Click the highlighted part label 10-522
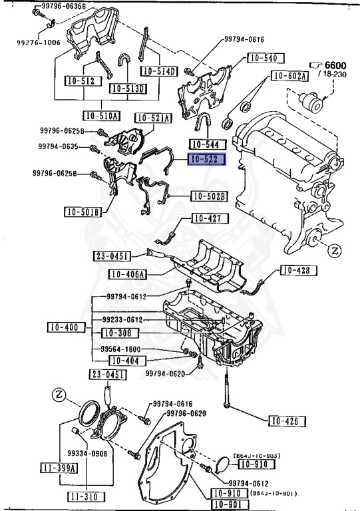pos(206,160)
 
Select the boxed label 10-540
pos(266,58)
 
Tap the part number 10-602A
pos(289,76)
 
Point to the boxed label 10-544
pos(208,144)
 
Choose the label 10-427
pos(210,218)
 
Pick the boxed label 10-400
pos(67,327)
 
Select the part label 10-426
pos(287,421)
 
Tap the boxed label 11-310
pos(87,496)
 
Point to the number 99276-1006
pos(39,43)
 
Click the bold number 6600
pos(335,65)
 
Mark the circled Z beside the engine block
pos(335,251)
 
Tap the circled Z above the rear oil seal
pos(59,395)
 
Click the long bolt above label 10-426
pos(226,390)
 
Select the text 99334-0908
pos(87,453)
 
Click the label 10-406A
pos(127,274)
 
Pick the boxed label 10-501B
pos(83,212)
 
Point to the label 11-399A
pos(59,468)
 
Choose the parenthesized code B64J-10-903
pos(257,456)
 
